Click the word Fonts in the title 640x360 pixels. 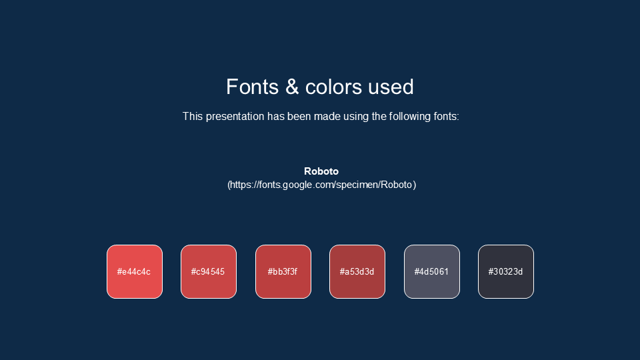(252, 87)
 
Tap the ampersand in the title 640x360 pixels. (292, 87)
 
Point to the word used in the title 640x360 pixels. (391, 87)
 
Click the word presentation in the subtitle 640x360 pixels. (235, 117)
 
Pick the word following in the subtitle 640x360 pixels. (410, 117)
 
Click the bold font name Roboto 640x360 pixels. (321, 171)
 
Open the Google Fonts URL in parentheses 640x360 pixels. (321, 185)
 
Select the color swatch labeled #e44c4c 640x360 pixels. (135, 271)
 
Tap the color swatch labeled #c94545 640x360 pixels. (209, 271)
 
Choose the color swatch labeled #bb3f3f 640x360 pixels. (283, 271)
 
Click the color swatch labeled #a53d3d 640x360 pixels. (357, 271)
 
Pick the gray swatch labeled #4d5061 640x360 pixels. (432, 271)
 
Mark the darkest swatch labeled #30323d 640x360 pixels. (506, 271)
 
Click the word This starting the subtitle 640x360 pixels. (193, 117)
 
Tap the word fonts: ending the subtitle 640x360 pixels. (446, 117)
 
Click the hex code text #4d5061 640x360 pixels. (431, 272)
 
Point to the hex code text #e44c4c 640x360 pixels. (134, 272)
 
